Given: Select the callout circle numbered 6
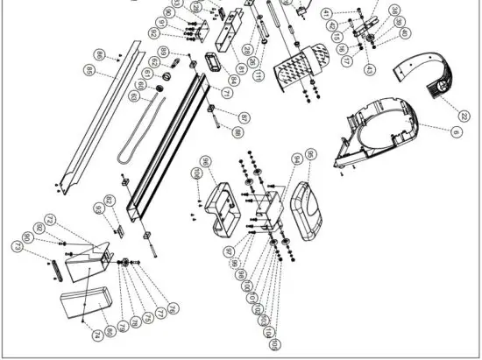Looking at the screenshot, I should (x=456, y=131).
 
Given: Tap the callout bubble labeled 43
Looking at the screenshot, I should (x=369, y=69).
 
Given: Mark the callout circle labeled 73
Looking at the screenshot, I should (x=17, y=247).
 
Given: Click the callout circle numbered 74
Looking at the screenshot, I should (x=96, y=335).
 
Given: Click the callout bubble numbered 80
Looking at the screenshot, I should (x=110, y=331).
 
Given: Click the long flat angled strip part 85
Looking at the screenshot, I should (x=96, y=114).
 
